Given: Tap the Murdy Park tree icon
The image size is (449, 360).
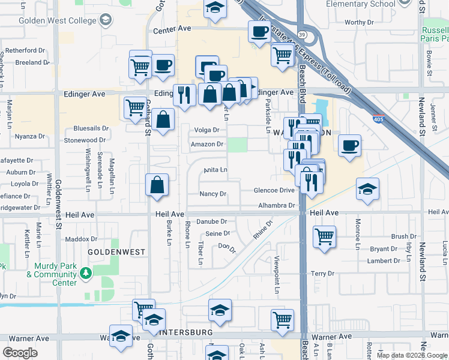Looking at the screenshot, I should coord(86,274).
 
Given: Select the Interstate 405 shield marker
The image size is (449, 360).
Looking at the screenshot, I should coord(378,118).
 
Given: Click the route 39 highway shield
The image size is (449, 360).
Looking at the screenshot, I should coord(303,35).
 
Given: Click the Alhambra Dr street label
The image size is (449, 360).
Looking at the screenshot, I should coord(277,205).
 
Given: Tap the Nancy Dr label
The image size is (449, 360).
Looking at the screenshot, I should coord(213,194).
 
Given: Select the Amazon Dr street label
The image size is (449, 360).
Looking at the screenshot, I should coord(207,144).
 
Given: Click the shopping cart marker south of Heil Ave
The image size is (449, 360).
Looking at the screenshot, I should coord(324,236).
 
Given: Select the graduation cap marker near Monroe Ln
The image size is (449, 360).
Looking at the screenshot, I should coord(368,190).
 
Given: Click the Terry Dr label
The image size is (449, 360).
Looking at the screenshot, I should coord(322,274).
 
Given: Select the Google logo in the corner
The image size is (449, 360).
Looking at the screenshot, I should coord(20,352).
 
